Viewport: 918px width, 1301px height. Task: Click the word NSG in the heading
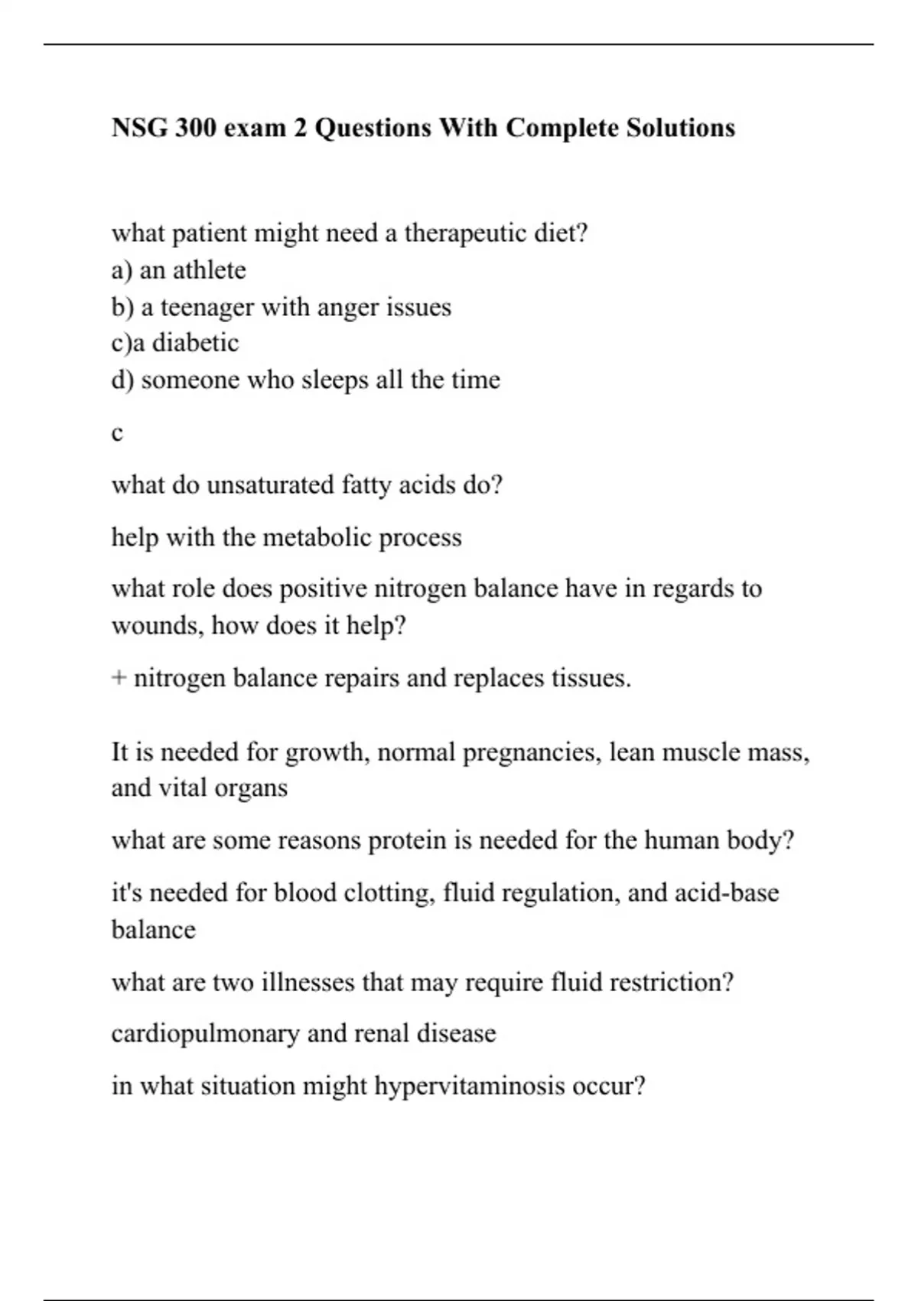click(139, 127)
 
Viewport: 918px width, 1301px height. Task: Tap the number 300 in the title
click(195, 127)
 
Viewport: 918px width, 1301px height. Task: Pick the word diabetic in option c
click(195, 343)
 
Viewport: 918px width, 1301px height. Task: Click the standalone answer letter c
click(117, 433)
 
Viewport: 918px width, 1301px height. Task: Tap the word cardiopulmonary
click(205, 1034)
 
